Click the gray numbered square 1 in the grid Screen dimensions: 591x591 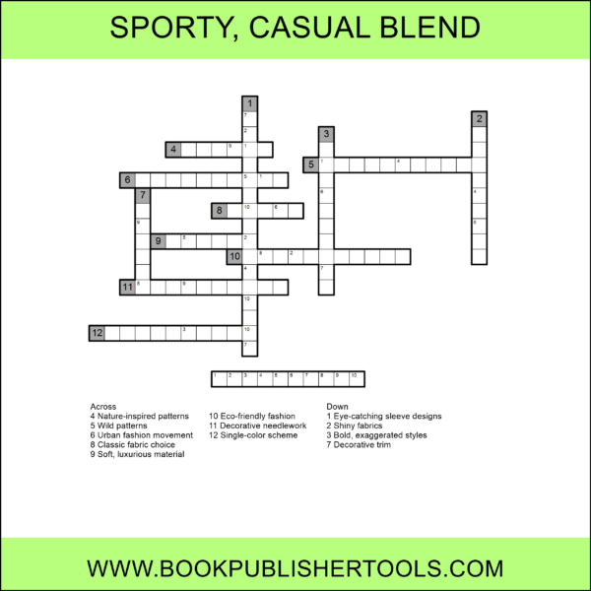[x=250, y=103]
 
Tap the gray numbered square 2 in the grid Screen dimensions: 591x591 [x=480, y=119]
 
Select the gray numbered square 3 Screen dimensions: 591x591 [x=326, y=134]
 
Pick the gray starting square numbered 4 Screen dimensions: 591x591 [x=173, y=150]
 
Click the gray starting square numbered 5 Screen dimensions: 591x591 [x=311, y=164]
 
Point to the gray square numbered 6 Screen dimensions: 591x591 [x=127, y=180]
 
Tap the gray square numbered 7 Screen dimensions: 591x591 [x=143, y=195]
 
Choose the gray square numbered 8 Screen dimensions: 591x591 [x=219, y=211]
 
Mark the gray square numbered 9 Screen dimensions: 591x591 [x=158, y=241]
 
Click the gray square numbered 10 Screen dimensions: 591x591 [x=234, y=257]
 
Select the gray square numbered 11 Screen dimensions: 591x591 [x=127, y=288]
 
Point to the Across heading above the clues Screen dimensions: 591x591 [x=102, y=406]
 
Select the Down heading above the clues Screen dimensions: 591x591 [x=336, y=406]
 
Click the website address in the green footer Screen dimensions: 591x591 [x=295, y=568]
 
